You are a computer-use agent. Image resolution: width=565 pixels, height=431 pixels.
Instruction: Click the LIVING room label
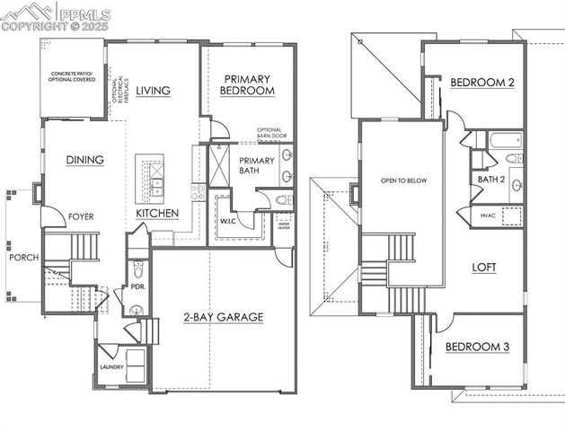tap(154, 91)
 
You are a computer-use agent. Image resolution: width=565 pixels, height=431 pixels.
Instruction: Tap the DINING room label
tap(85, 160)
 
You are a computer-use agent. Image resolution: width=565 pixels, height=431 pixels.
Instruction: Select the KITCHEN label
tap(157, 214)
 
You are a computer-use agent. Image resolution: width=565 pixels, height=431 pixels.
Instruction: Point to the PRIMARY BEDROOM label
tap(248, 84)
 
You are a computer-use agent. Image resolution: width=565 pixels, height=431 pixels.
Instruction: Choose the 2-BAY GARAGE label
tap(223, 317)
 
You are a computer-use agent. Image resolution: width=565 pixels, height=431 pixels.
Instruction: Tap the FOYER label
tap(81, 216)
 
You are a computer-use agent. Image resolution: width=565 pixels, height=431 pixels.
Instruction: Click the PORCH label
tap(24, 258)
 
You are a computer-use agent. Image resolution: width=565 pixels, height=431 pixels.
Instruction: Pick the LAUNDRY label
tap(111, 367)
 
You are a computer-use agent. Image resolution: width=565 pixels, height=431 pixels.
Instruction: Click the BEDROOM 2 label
tap(482, 83)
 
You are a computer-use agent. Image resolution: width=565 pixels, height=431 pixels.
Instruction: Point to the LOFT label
tap(484, 267)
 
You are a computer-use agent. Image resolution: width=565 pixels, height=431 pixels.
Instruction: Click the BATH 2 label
tap(491, 179)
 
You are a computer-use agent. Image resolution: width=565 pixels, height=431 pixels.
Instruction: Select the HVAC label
tap(489, 215)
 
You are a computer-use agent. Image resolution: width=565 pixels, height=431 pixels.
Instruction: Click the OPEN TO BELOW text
tap(403, 180)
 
